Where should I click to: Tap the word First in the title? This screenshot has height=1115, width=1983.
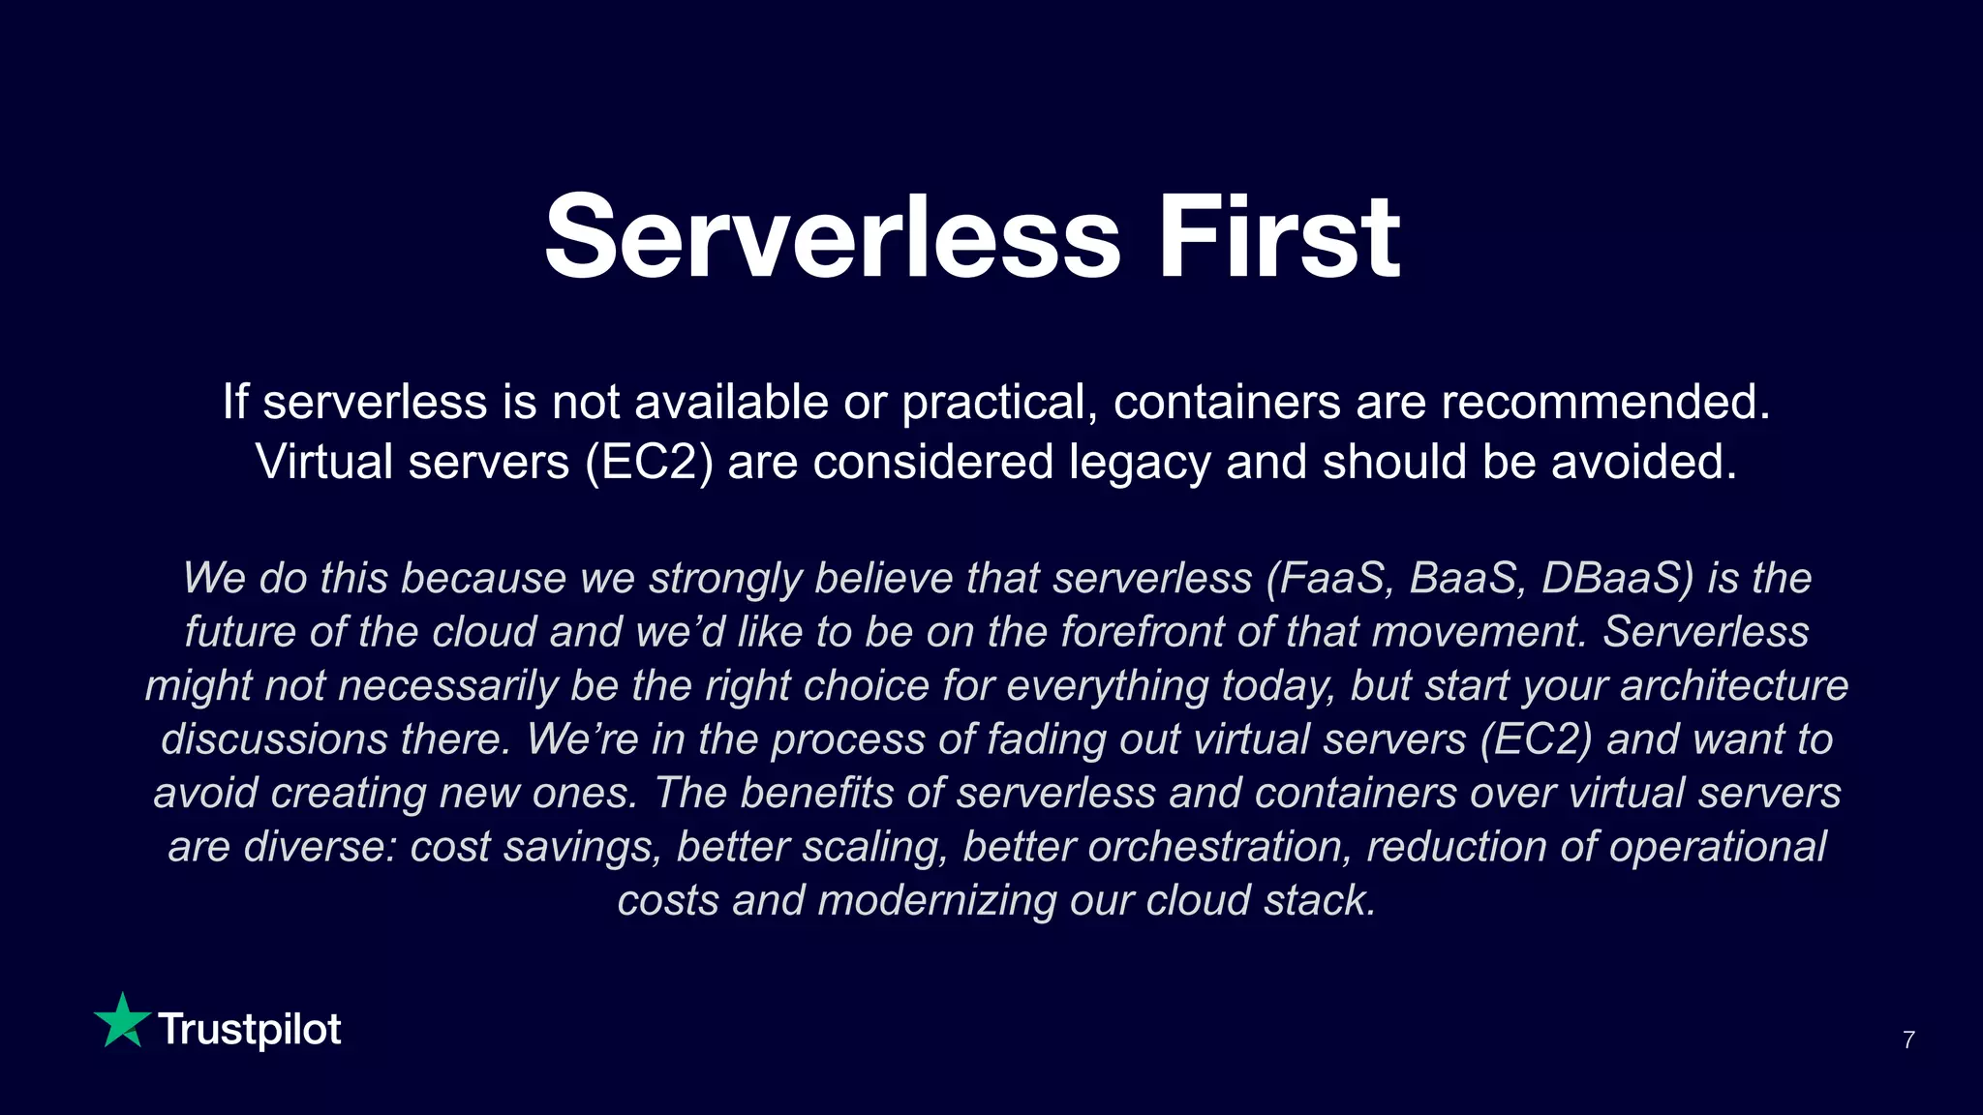click(x=1279, y=238)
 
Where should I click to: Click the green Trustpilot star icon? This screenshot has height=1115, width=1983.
click(x=122, y=1021)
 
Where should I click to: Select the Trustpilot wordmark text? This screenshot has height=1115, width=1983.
click(x=250, y=1030)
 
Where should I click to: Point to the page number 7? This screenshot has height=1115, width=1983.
click(x=1908, y=1040)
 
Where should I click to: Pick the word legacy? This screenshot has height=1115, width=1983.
click(x=1140, y=463)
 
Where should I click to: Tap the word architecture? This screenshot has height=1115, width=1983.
click(x=1734, y=685)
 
